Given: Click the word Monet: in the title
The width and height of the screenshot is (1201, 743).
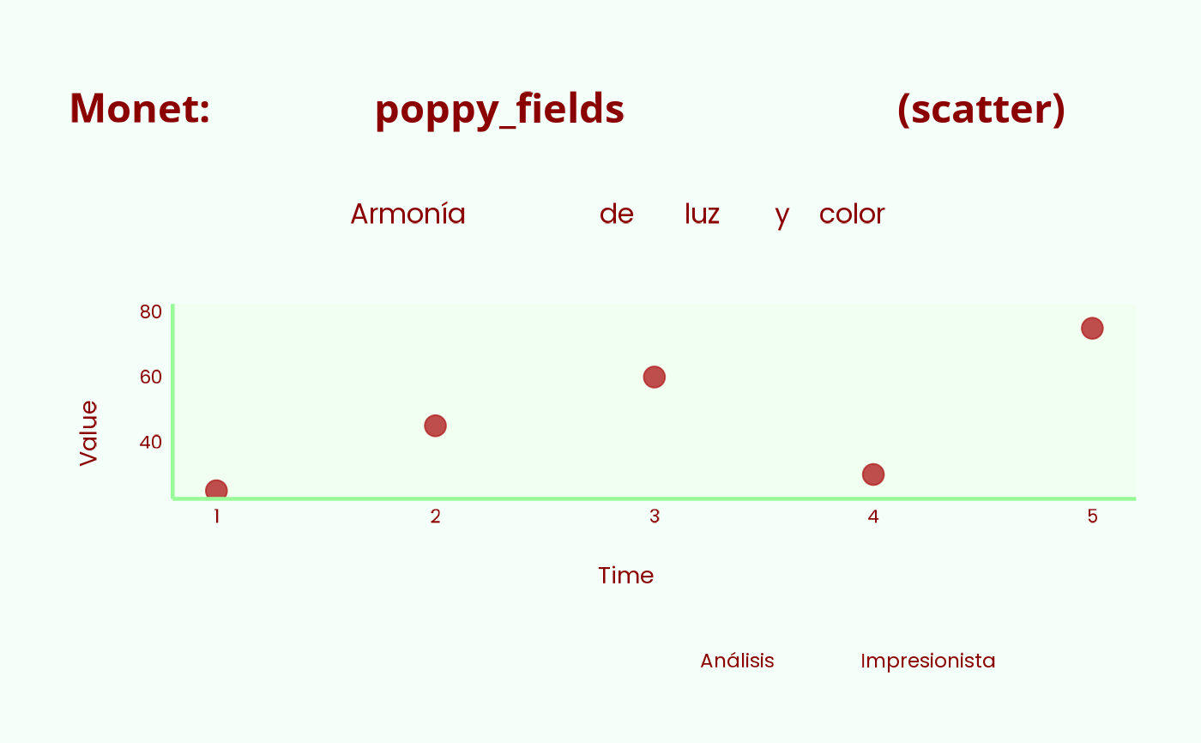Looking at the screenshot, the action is pos(139,108).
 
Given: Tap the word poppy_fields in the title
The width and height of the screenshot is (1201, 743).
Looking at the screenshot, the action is pos(499,111).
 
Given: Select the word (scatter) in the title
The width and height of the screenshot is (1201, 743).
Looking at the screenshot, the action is pos(981,110).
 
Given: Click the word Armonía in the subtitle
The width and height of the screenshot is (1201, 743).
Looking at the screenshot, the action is pos(408,214).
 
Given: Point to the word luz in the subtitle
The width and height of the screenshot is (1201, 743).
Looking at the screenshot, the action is pos(702,214).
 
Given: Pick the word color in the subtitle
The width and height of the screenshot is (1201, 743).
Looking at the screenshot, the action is pos(852,214).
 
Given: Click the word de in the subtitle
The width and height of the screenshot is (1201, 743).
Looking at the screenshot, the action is pos(617,214).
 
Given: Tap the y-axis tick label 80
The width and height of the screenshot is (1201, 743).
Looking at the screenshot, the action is pos(151,311).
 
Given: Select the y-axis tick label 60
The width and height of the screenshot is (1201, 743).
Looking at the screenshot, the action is pos(151,377).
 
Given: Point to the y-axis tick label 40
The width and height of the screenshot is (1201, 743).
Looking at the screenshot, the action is pos(151,442).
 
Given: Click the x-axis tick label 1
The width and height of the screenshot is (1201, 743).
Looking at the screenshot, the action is pos(216,516).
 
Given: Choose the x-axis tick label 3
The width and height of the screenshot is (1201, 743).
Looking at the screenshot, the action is pos(654,516).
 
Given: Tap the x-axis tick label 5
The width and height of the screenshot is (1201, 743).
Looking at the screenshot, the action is pos(1092,516).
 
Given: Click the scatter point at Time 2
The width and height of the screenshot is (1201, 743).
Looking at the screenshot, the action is pos(436,426).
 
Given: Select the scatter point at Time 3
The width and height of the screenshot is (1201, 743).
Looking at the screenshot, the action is pos(654,377).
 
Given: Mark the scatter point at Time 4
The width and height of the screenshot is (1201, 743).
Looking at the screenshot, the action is pos(873,474).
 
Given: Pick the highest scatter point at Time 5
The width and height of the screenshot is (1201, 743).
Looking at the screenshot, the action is pos(1092,328).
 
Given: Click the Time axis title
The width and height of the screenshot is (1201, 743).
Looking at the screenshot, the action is pos(625,576).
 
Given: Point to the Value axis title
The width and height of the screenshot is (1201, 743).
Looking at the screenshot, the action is pos(89,433).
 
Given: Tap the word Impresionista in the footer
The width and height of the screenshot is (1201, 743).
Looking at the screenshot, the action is pos(927,661).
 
